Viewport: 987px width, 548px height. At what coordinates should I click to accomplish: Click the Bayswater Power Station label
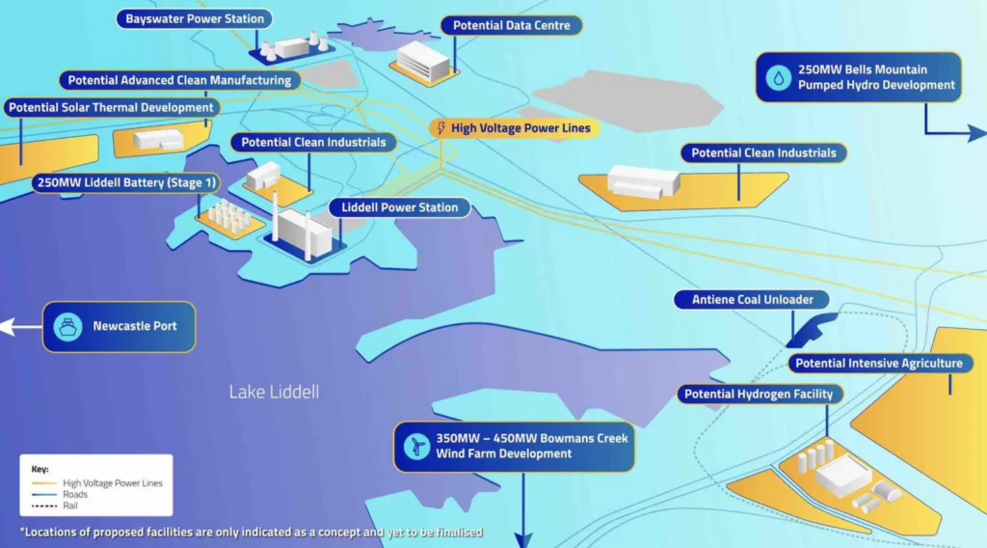pyautogui.click(x=195, y=19)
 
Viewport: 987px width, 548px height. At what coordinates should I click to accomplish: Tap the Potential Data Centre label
pyautogui.click(x=511, y=26)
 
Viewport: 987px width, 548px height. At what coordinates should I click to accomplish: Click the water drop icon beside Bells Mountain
pyautogui.click(x=777, y=77)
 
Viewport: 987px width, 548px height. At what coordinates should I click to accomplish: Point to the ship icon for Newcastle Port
pyautogui.click(x=67, y=326)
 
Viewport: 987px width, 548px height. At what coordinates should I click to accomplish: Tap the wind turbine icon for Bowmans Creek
pyautogui.click(x=416, y=446)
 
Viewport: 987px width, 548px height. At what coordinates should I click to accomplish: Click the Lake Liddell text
pyautogui.click(x=274, y=392)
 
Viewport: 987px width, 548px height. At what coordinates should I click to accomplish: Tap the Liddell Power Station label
pyautogui.click(x=398, y=207)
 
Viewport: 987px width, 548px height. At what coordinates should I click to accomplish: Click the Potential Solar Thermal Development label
pyautogui.click(x=111, y=107)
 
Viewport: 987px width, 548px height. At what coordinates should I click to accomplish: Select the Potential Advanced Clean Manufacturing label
pyautogui.click(x=179, y=80)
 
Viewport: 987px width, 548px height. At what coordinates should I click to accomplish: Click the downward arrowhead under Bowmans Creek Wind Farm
pyautogui.click(x=523, y=537)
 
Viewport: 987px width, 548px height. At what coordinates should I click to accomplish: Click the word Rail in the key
pyautogui.click(x=71, y=505)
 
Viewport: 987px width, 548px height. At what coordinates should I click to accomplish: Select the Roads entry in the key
pyautogui.click(x=76, y=494)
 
